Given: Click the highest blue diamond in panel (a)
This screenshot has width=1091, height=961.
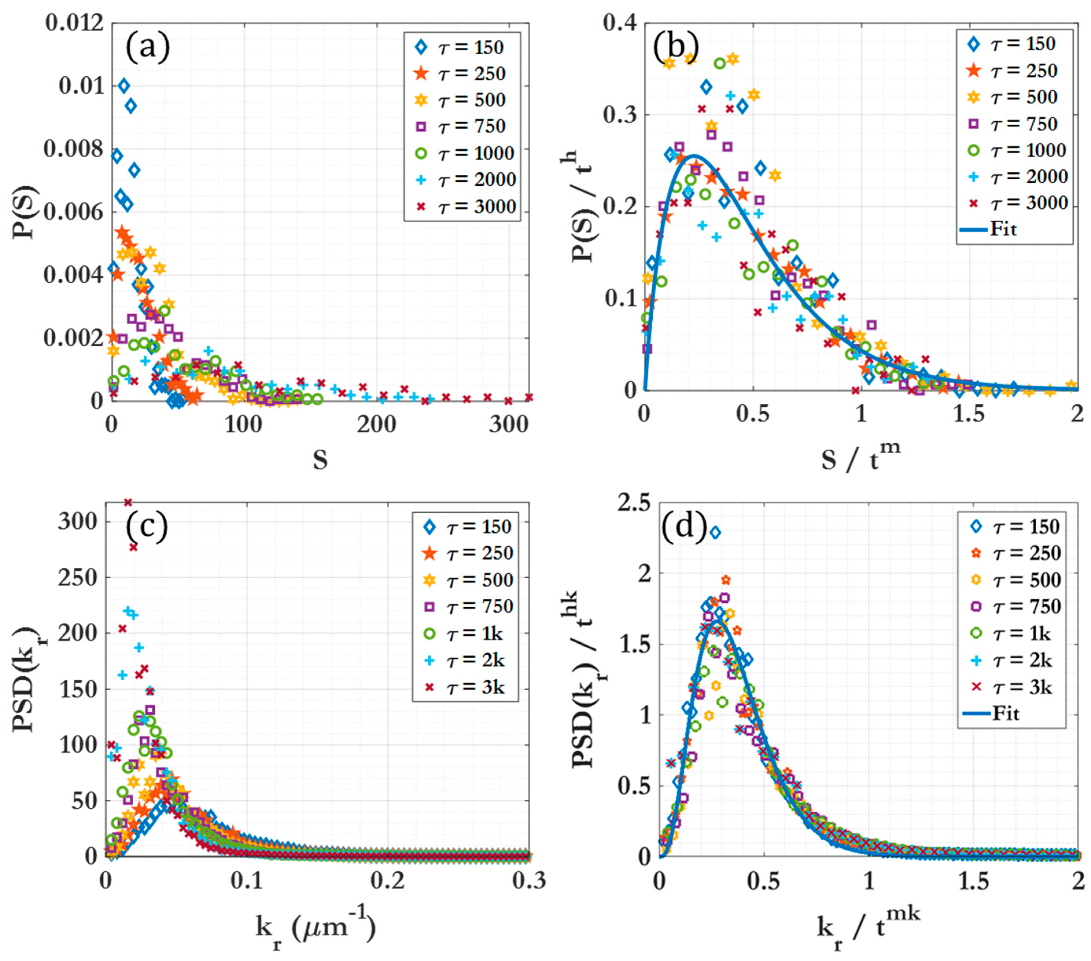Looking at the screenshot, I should [x=124, y=85].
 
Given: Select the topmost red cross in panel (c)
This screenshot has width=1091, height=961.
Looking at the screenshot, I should [x=128, y=502].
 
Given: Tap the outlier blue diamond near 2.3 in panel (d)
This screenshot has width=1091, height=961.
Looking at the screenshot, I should [x=715, y=532].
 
